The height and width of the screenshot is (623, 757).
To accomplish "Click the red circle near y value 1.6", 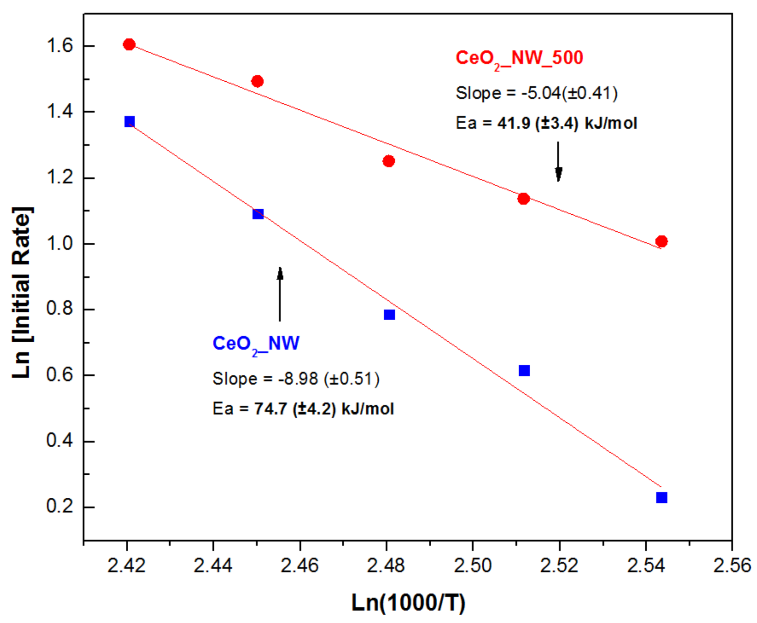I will tap(129, 44).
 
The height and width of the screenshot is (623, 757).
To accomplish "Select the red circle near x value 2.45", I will tap(257, 81).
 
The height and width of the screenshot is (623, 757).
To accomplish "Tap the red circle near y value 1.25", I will tap(388, 161).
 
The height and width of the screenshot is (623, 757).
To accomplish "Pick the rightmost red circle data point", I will tap(661, 241).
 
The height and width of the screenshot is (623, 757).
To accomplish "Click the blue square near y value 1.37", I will tap(129, 122).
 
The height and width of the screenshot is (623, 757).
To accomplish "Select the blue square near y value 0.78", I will tap(389, 315).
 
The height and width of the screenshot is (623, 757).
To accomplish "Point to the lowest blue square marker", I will tap(661, 497).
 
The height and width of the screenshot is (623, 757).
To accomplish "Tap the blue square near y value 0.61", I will tap(524, 371).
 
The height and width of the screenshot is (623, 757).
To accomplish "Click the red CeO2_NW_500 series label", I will tap(519, 59).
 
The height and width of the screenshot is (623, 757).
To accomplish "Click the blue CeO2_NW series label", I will tap(256, 344).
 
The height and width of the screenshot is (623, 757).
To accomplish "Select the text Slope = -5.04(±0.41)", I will tap(537, 93).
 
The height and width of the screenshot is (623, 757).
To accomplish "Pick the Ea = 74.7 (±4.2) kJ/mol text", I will tap(303, 409).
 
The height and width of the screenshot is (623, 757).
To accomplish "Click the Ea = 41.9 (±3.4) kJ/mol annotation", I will tap(546, 124).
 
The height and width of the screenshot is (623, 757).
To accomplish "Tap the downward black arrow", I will tap(558, 161).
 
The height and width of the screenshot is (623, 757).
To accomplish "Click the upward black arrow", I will tap(280, 294).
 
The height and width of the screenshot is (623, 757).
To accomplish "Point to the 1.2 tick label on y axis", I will tap(59, 178).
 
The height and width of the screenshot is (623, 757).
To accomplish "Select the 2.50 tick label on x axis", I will tap(473, 565).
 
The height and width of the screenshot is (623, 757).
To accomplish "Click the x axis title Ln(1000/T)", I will tap(408, 603).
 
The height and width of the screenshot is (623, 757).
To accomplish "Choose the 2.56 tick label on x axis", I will tap(732, 565).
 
